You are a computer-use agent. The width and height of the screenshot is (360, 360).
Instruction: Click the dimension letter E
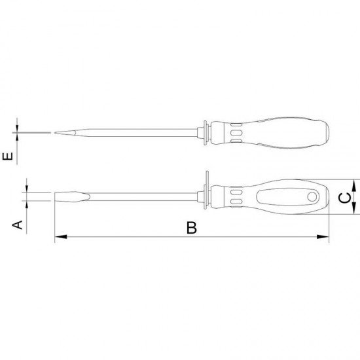[x=8, y=156]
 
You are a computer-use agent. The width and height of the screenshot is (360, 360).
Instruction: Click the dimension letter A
[x=17, y=225]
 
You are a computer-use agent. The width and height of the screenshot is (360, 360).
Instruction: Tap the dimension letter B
[x=192, y=228]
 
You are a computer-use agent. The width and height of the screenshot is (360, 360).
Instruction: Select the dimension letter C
[x=345, y=198]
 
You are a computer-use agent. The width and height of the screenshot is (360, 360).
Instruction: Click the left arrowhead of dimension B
[x=61, y=237]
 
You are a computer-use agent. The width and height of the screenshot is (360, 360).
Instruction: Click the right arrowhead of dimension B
[x=323, y=237]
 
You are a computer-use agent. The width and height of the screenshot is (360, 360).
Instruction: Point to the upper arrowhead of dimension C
[x=354, y=185]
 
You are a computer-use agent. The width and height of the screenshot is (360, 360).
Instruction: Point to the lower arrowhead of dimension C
[x=354, y=208]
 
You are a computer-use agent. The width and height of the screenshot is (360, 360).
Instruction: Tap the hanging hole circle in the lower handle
[x=312, y=197]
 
